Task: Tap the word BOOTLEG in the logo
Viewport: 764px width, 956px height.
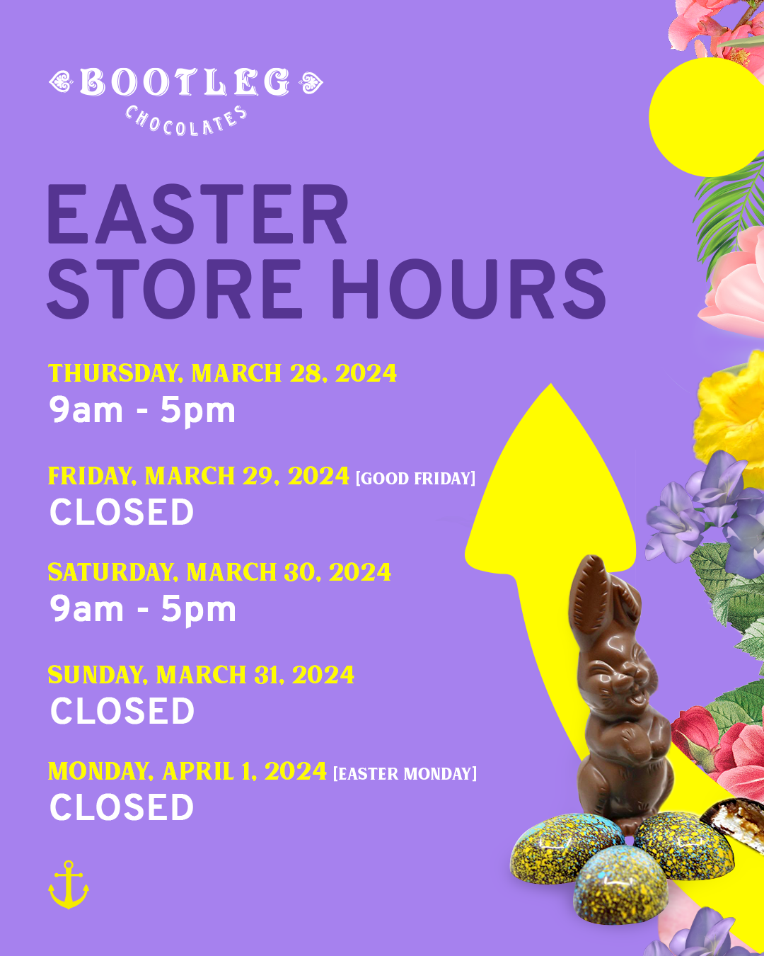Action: point(185,82)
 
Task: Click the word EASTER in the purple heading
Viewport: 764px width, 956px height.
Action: point(197,214)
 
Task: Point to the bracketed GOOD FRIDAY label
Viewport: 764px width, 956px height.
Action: point(415,479)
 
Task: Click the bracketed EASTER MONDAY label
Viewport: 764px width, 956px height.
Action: point(405,773)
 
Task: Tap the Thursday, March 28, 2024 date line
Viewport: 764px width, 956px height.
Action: point(222,373)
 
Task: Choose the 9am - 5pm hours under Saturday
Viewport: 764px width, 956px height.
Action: point(142,610)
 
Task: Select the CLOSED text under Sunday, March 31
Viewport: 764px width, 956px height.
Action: point(122,711)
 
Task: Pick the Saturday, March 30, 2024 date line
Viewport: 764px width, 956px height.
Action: point(219,572)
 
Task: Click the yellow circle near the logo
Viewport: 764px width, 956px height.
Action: point(707,117)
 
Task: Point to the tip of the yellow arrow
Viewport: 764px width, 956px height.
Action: point(551,384)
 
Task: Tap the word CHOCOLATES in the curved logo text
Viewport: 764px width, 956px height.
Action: point(185,121)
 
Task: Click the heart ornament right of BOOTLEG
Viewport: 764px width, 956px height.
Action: point(311,83)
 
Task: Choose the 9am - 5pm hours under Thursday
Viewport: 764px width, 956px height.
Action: point(142,411)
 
